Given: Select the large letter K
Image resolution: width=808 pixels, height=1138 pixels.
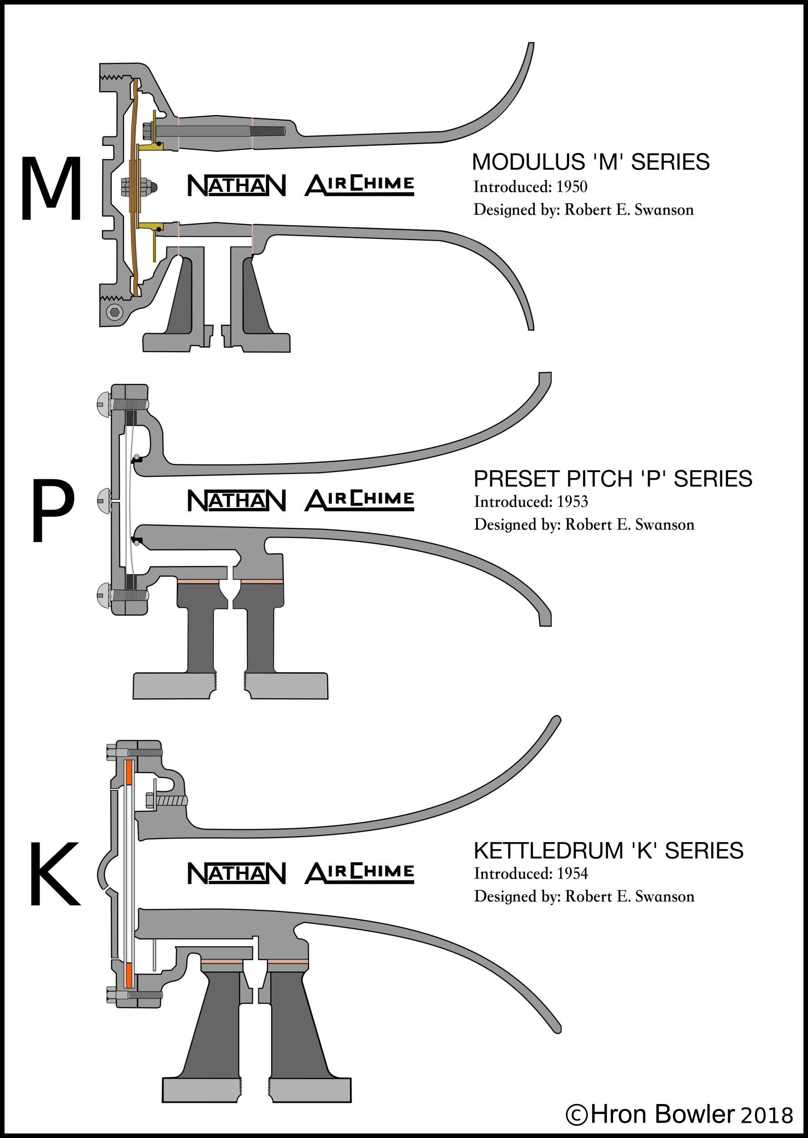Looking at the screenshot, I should coord(54,874).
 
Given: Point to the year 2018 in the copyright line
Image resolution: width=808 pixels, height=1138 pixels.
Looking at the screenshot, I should coord(767,1116).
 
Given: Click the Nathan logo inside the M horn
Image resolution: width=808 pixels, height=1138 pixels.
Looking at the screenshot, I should coord(237,186).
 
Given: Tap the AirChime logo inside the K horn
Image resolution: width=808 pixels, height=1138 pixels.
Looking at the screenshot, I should coord(359,873).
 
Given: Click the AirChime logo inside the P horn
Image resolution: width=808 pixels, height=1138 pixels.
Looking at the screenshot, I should coord(359,500).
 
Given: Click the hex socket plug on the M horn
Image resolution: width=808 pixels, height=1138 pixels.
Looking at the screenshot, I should coord(115,312).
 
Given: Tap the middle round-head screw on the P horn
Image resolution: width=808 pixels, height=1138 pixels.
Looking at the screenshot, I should coord(104,501).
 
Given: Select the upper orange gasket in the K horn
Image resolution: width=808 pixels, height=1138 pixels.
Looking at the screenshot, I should coord(129,772).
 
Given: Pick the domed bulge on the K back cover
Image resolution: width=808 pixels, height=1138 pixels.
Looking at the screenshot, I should coord(106,873).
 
